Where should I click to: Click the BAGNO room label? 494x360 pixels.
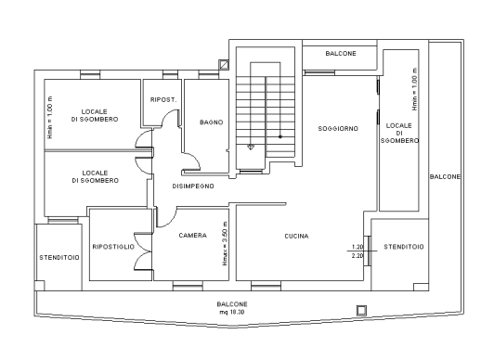(x=212, y=122)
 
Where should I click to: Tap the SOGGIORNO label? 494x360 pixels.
(x=338, y=128)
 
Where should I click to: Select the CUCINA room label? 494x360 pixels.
(x=296, y=236)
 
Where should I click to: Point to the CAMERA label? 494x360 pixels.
(x=193, y=236)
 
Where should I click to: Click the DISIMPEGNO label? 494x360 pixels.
(x=193, y=186)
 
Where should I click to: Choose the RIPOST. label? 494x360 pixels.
(x=163, y=100)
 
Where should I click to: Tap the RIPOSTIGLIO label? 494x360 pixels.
(x=113, y=247)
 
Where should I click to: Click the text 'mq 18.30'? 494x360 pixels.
(x=232, y=312)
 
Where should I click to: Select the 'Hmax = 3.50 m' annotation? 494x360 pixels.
(x=225, y=243)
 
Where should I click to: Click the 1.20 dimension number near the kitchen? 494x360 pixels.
(x=357, y=247)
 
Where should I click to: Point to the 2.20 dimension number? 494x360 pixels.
(x=357, y=255)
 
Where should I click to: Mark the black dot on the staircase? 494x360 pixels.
(x=280, y=136)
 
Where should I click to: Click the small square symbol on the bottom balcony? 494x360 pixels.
(x=361, y=310)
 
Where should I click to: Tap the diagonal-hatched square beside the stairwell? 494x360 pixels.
(x=224, y=64)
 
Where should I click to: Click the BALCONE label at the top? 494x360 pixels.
(x=341, y=54)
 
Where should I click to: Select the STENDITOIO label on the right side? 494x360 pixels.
(x=404, y=247)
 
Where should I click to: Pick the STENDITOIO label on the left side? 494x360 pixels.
(x=59, y=258)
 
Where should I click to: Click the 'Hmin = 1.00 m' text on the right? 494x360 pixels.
(x=415, y=89)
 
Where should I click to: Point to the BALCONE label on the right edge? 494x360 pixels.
(x=445, y=177)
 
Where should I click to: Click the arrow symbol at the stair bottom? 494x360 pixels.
(x=251, y=147)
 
